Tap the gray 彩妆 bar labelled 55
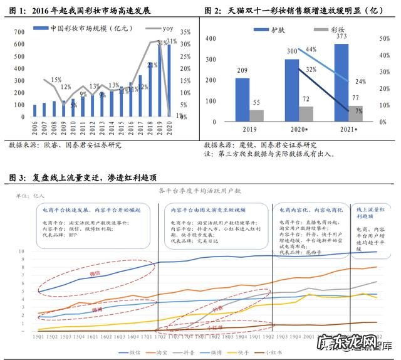[x=257, y=115]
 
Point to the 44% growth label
[x=311, y=50]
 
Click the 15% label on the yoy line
[x=56, y=80]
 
